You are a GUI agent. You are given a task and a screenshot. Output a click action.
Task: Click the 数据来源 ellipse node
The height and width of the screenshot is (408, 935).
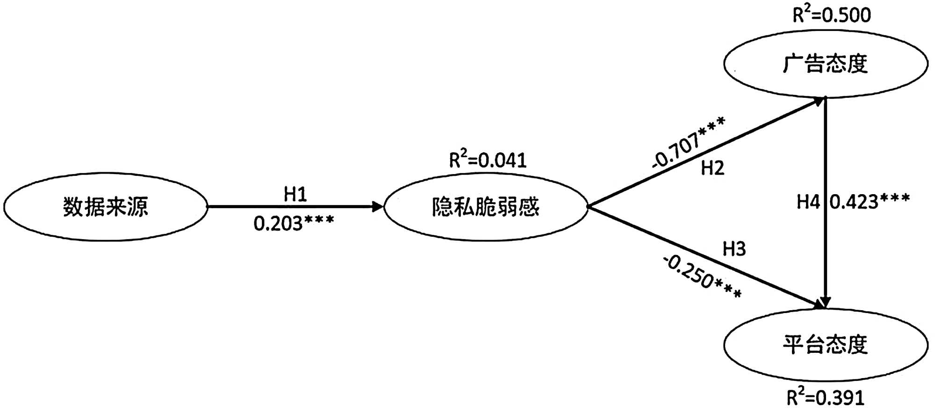106,207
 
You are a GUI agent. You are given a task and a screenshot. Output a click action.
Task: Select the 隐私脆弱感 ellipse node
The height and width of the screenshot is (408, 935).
485,207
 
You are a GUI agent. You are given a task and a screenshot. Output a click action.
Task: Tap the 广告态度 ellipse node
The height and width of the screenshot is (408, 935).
826,64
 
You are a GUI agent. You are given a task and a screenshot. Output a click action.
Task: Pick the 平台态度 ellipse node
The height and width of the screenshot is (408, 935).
826,344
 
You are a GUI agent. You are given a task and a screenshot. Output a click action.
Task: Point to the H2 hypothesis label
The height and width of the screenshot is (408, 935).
712,168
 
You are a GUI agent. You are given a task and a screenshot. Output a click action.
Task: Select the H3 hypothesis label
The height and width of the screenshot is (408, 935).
734,249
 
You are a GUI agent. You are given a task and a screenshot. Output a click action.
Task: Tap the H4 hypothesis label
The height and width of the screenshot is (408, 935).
808,202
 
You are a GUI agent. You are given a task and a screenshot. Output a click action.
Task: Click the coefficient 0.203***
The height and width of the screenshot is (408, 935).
294,224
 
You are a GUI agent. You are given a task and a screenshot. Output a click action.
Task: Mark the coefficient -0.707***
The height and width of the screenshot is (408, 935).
688,142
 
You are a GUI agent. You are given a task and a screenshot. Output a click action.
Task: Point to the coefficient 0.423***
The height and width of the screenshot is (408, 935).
870,201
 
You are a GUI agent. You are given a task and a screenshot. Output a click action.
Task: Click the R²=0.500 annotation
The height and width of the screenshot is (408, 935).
832,15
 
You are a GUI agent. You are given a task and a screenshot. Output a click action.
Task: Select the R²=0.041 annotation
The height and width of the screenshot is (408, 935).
488,160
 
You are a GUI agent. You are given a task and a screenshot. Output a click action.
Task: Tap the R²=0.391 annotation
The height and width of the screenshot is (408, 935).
826,397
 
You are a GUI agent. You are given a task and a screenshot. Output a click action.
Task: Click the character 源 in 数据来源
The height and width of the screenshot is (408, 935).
138,207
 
